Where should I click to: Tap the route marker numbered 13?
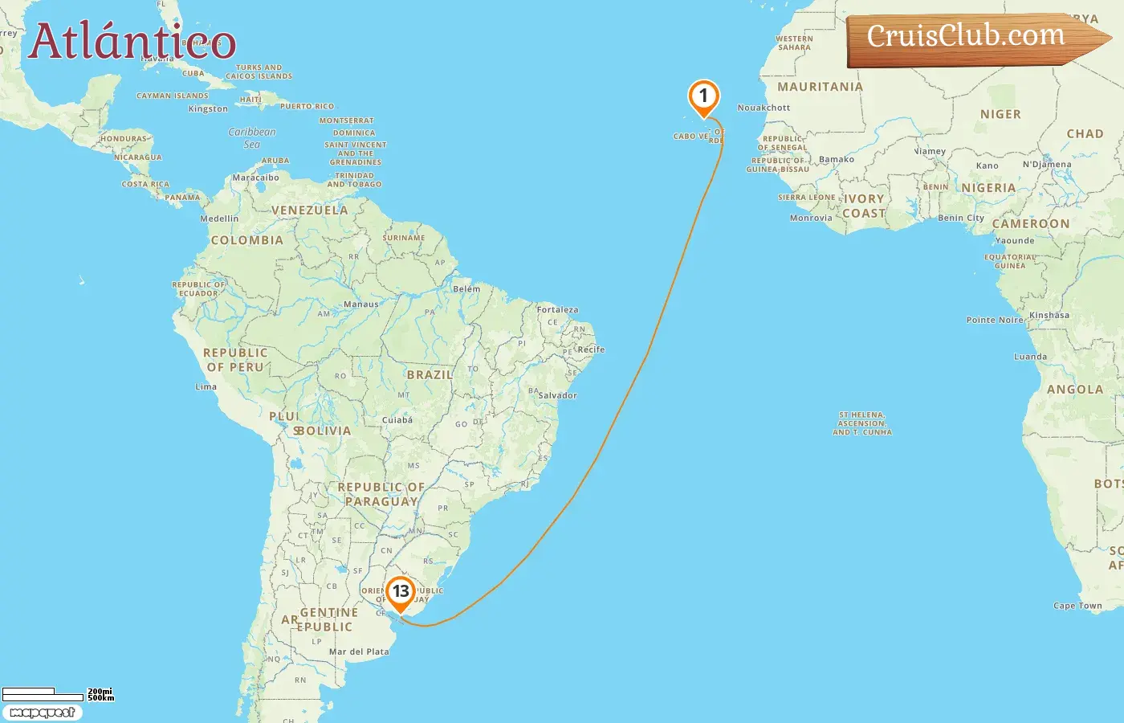400,593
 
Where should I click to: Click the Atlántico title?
132,41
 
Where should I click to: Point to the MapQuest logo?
42,713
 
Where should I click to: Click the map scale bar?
43,694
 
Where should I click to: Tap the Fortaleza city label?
557,310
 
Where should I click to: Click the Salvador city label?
557,395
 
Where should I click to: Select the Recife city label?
591,349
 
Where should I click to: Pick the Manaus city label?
360,304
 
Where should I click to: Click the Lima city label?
206,386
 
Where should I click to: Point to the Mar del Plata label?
359,652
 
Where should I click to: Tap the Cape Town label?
1077,606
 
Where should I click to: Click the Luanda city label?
1030,357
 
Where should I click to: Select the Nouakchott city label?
764,108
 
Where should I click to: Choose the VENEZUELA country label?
310,210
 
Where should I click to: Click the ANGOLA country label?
1074,390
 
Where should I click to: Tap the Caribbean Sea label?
252,138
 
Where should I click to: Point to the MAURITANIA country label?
820,87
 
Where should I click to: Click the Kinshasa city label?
1049,316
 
